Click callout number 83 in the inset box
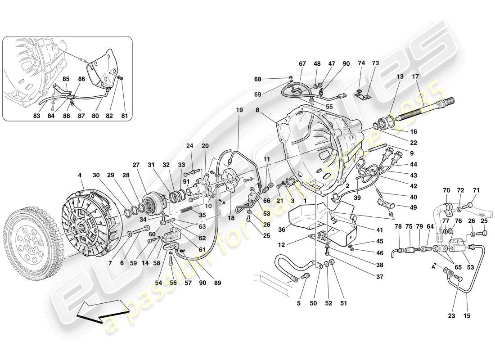[37, 116]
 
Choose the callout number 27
[136, 164]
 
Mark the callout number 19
[238, 110]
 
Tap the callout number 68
[257, 80]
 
